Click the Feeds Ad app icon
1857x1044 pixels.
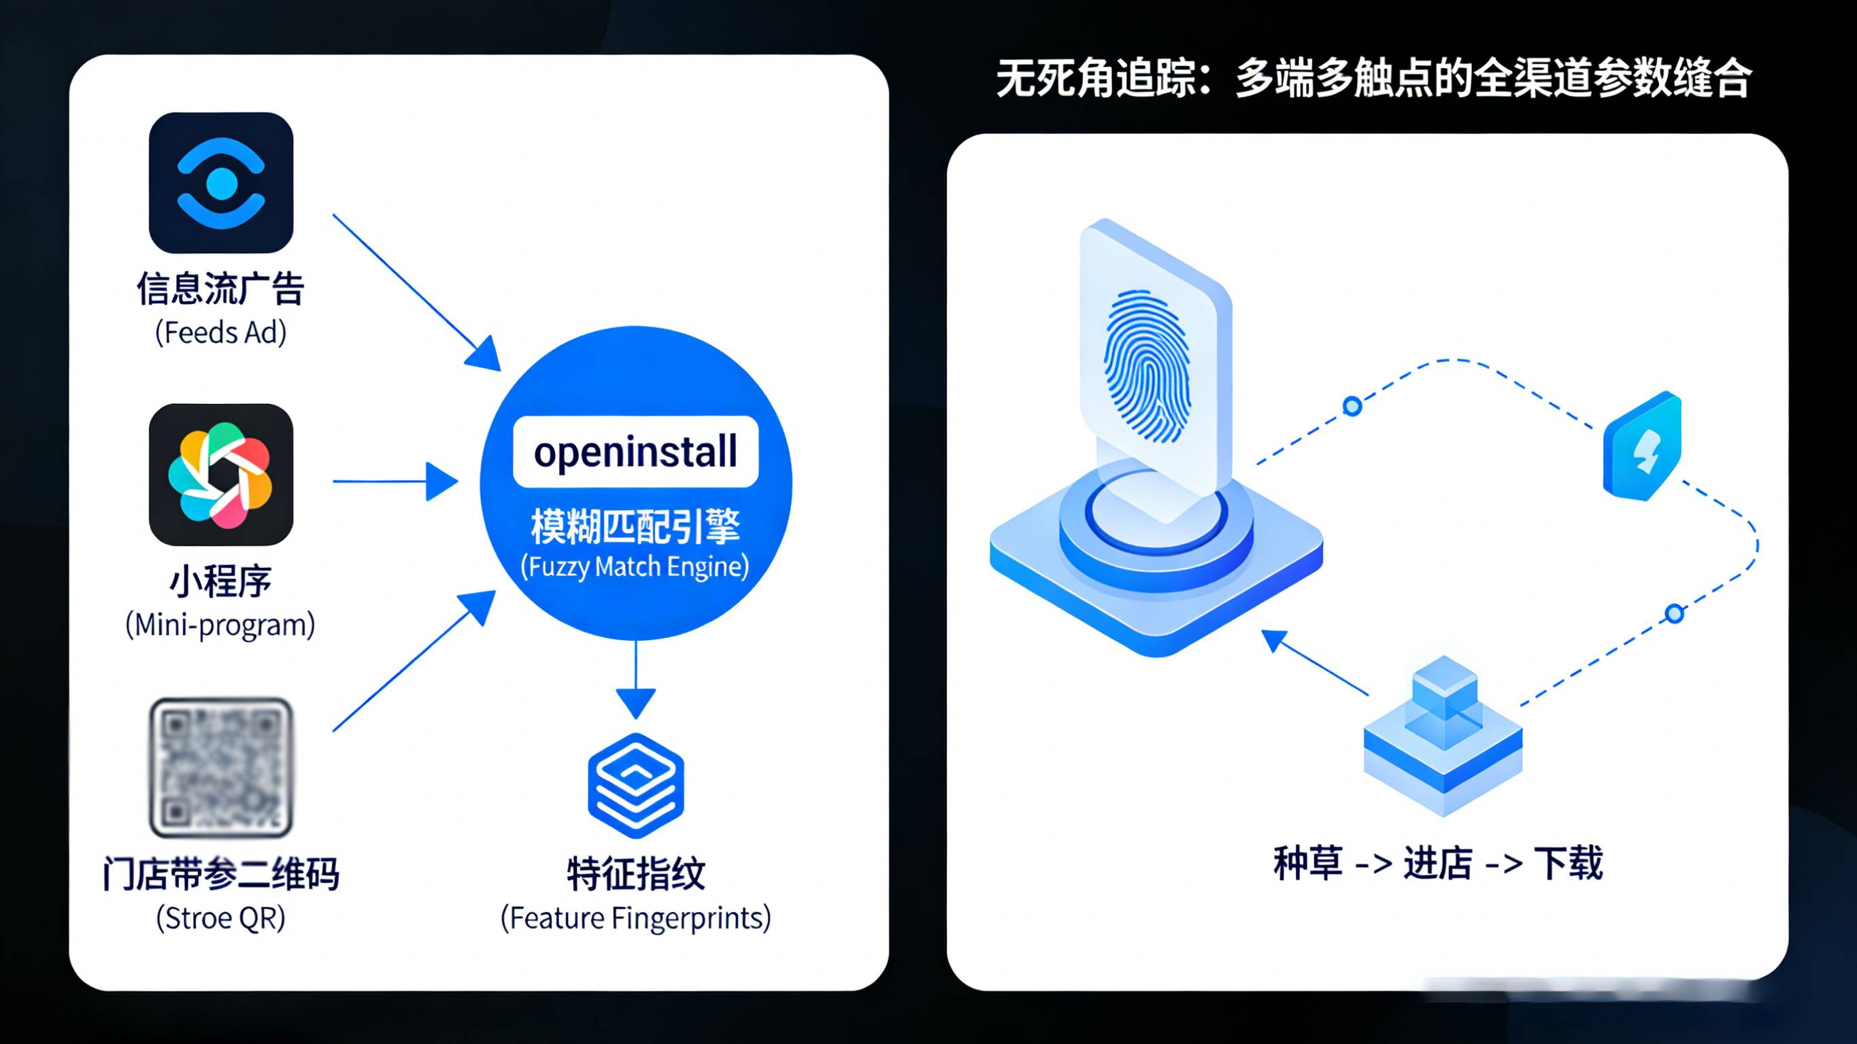coord(220,183)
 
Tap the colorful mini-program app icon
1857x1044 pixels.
coord(220,475)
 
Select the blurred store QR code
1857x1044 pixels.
coord(220,767)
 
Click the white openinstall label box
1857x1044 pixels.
coord(635,452)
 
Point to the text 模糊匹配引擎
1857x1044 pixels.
coord(635,526)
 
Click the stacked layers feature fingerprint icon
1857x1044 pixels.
coord(636,786)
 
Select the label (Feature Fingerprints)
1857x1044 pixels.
coord(636,917)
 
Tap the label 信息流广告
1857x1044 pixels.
coord(220,289)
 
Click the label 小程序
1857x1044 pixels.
coord(220,581)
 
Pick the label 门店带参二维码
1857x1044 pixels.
coord(220,874)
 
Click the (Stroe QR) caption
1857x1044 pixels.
coord(220,917)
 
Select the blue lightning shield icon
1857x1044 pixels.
coord(1643,447)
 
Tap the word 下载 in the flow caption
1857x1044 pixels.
coord(1569,863)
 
